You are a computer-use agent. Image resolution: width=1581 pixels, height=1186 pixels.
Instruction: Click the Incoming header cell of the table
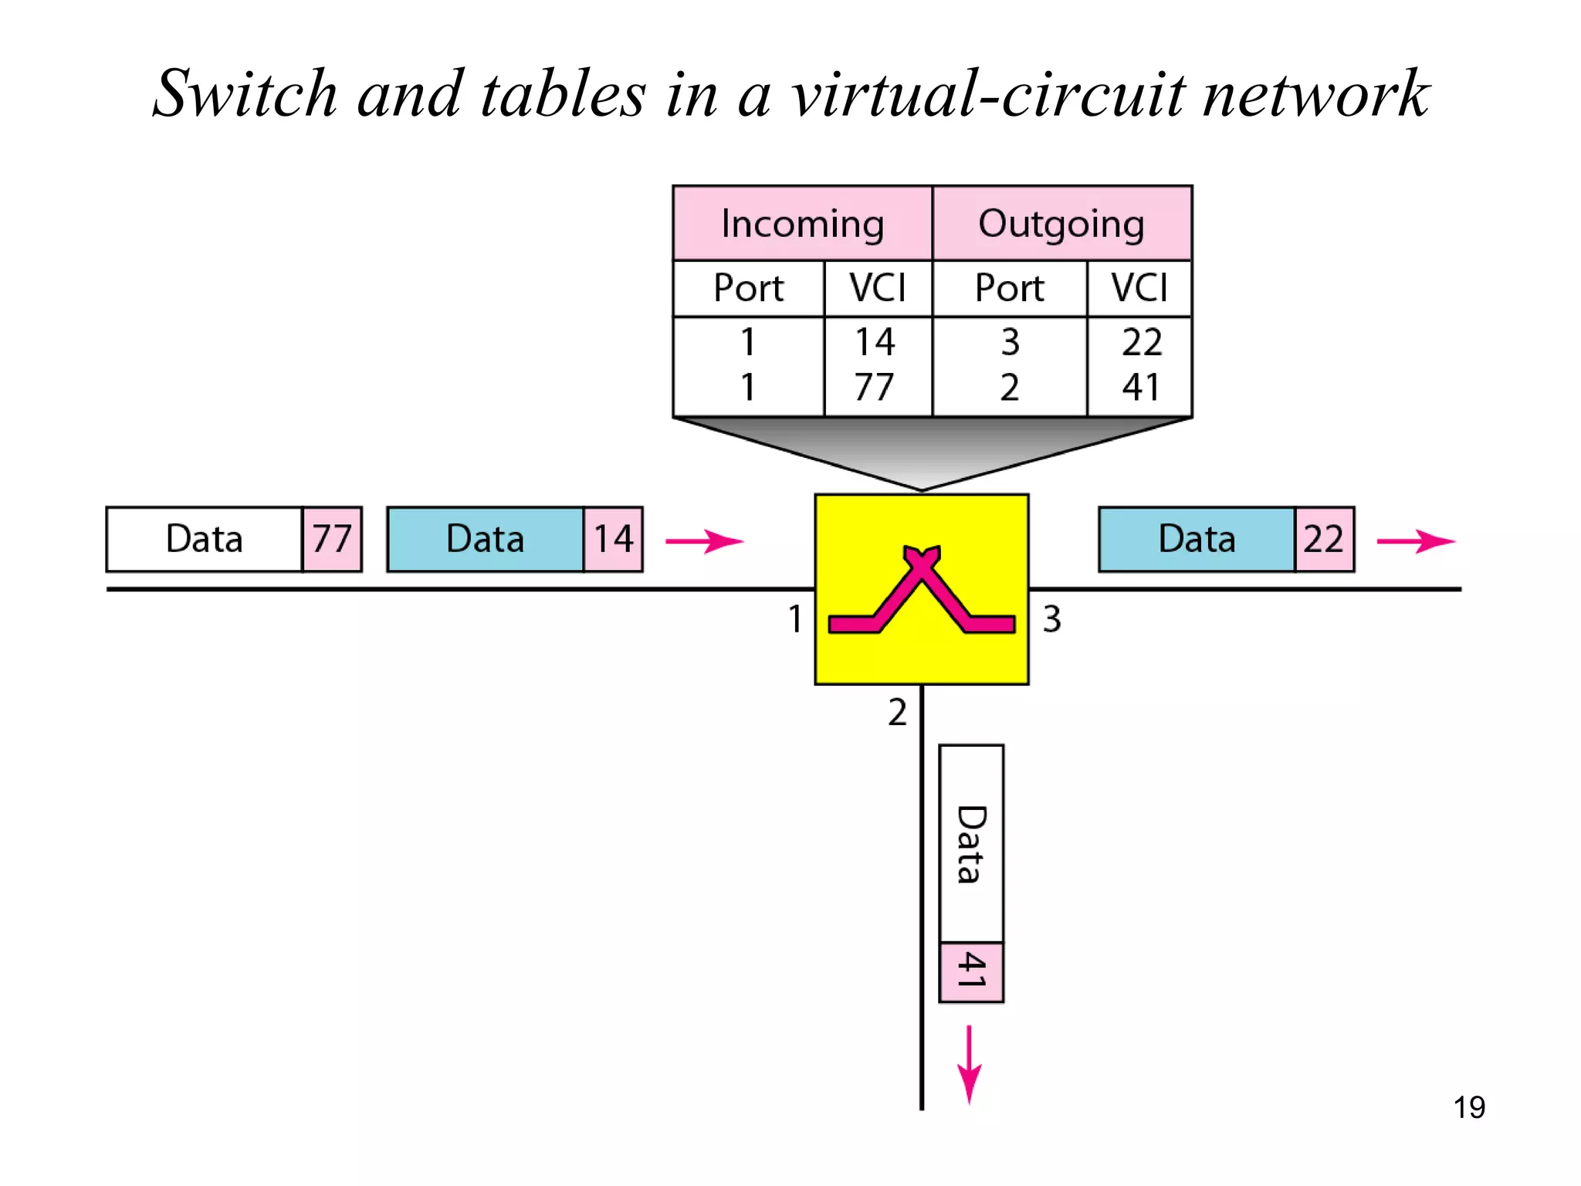[802, 224]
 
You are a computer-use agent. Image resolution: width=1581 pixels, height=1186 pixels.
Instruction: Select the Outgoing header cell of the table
[1061, 224]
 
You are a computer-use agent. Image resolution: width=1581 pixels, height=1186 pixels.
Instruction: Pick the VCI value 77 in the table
[874, 387]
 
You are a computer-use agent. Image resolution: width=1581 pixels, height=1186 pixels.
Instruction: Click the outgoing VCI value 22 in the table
[1142, 342]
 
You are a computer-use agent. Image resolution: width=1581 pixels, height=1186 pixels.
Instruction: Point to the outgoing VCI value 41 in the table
[1141, 387]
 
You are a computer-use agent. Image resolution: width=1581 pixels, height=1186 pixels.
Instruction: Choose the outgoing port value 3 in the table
[1010, 342]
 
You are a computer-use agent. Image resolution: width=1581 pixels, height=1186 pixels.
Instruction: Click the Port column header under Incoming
[748, 288]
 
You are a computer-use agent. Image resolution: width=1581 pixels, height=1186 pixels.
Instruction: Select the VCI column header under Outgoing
[1139, 288]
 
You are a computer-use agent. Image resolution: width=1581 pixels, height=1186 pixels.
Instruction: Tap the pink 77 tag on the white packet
[332, 539]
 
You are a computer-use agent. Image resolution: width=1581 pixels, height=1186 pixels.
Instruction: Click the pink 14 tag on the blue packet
[613, 539]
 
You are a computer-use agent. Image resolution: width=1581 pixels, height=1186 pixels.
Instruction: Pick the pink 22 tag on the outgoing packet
[1324, 539]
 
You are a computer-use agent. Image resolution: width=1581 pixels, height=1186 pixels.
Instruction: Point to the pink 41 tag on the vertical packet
[971, 971]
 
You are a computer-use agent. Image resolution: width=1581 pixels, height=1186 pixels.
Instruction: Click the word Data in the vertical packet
[971, 844]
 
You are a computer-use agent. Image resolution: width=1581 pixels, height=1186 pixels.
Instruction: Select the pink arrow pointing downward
[969, 1066]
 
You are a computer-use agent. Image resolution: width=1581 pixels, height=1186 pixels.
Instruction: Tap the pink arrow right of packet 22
[1415, 541]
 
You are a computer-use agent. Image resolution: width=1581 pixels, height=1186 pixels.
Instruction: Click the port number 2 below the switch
[897, 712]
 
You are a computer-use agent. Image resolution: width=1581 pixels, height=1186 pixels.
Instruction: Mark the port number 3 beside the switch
[1051, 619]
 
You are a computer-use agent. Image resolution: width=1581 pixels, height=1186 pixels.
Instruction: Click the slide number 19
[1469, 1107]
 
